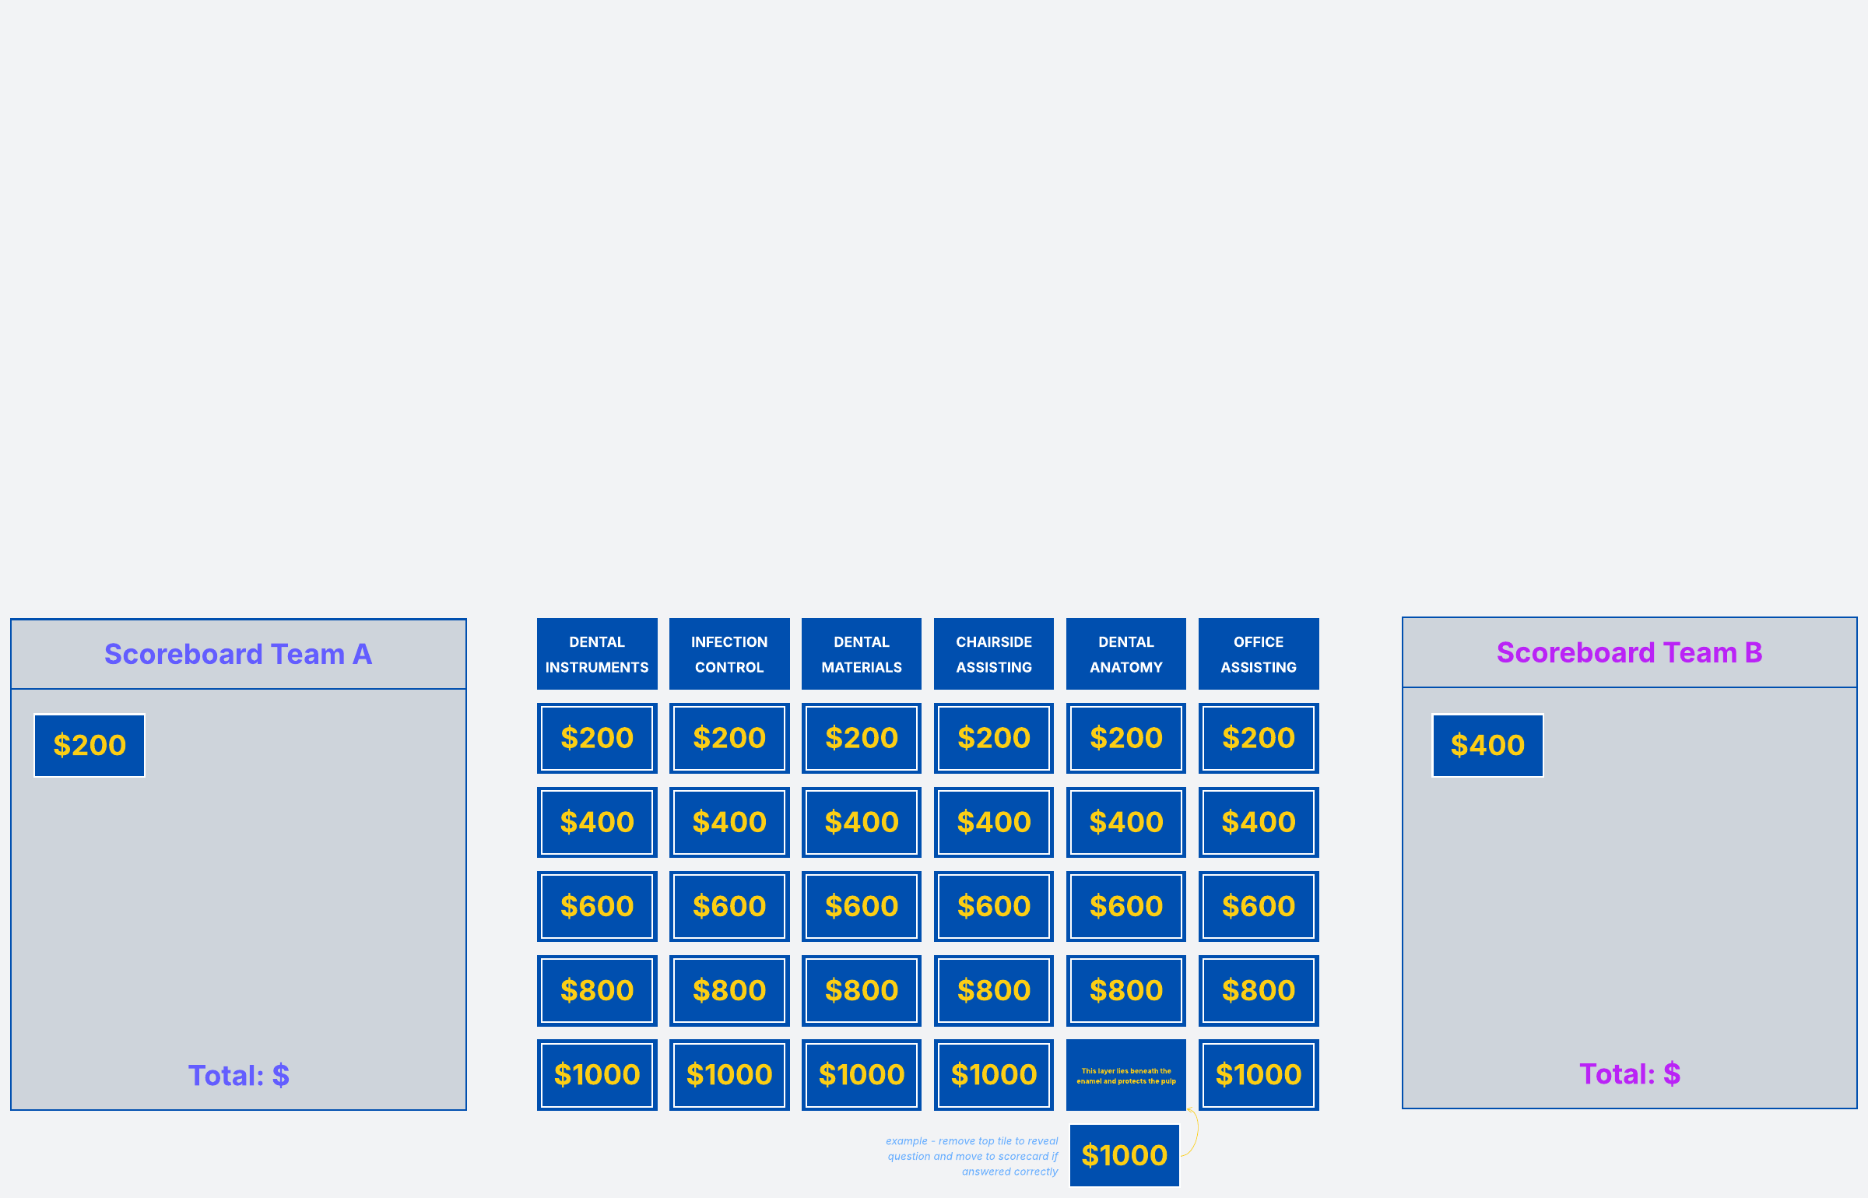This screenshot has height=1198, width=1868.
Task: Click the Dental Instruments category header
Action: click(597, 654)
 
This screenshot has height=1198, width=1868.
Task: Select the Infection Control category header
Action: click(729, 654)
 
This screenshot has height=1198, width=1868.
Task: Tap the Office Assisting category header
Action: click(1259, 654)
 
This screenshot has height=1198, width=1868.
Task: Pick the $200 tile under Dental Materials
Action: click(862, 738)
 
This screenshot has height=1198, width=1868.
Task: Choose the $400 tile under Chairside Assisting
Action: click(994, 822)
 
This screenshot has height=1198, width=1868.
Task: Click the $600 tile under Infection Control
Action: click(729, 906)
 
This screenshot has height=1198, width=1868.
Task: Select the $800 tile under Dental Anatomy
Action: click(1126, 990)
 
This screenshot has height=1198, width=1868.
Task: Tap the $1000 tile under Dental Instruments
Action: click(597, 1074)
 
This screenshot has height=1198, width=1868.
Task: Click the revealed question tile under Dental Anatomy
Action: click(1126, 1075)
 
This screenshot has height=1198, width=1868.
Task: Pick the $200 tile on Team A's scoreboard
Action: click(90, 746)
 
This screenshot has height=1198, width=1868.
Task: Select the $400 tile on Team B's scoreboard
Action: click(1487, 746)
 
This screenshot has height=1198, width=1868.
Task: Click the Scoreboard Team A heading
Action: click(238, 655)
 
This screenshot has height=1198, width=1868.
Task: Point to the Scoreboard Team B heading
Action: click(1629, 653)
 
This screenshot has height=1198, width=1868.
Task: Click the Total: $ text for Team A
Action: click(238, 1076)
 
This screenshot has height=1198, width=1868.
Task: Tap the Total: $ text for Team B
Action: click(1629, 1074)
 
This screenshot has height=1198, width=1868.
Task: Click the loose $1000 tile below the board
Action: click(1124, 1155)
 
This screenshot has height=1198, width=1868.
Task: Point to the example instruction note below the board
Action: click(972, 1156)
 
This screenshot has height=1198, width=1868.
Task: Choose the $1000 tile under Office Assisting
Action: click(1259, 1074)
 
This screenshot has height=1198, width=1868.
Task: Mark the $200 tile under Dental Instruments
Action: click(597, 738)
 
